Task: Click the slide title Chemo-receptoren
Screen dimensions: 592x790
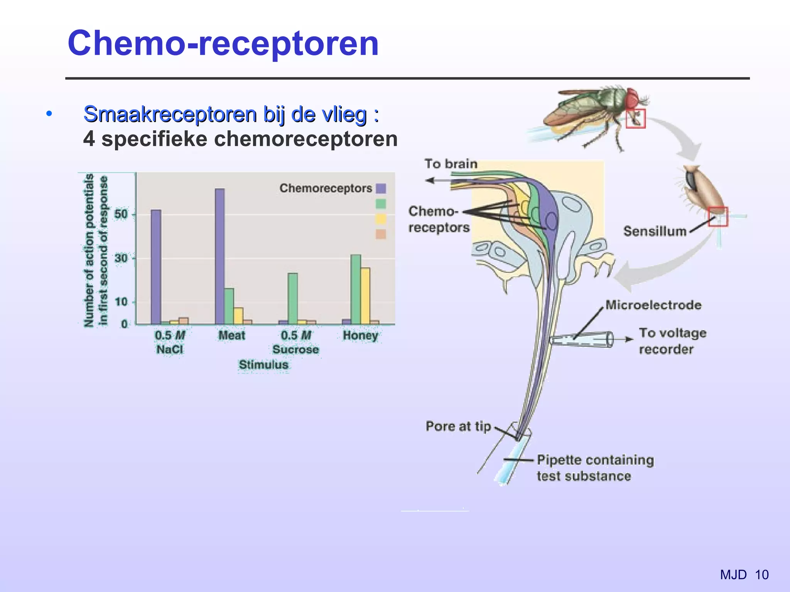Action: [x=223, y=43]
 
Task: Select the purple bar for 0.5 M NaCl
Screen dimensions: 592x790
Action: [x=156, y=267]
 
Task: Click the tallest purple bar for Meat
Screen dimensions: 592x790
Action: [x=219, y=256]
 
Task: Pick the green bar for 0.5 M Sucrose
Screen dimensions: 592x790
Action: [x=293, y=298]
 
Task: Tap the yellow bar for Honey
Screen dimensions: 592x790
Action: [x=365, y=296]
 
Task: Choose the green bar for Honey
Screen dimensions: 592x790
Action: [x=356, y=289]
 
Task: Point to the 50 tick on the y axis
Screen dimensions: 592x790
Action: [x=122, y=214]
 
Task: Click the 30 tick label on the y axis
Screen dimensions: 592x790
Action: [x=122, y=258]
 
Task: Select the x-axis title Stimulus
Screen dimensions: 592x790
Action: [x=263, y=365]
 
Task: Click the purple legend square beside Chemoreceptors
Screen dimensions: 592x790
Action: [x=381, y=188]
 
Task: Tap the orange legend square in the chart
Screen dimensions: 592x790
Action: [x=381, y=234]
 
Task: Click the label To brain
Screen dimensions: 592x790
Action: [x=451, y=164]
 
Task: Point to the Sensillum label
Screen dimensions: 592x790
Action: [x=655, y=231]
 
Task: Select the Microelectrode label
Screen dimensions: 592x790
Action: [x=653, y=305]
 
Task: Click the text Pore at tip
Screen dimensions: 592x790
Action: [x=458, y=426]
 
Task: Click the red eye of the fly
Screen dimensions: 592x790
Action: [x=633, y=98]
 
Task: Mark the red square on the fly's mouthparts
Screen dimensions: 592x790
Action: [x=635, y=118]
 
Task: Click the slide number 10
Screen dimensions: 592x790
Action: [x=762, y=575]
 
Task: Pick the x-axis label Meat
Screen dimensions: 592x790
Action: [x=231, y=335]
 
